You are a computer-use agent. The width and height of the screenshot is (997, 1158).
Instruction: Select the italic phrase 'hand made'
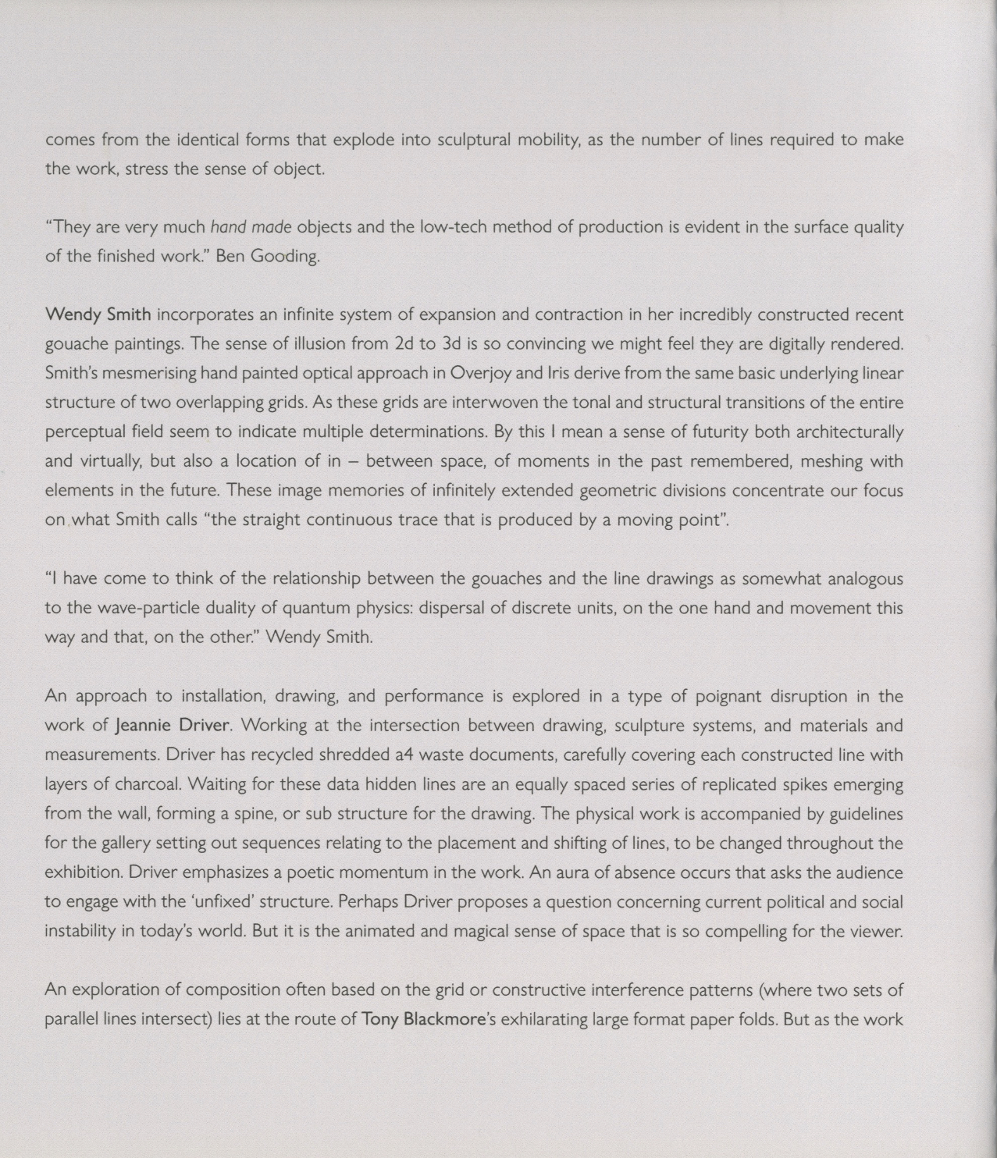[x=251, y=227]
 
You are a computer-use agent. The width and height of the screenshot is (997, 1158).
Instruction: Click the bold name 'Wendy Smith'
[x=98, y=315]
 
